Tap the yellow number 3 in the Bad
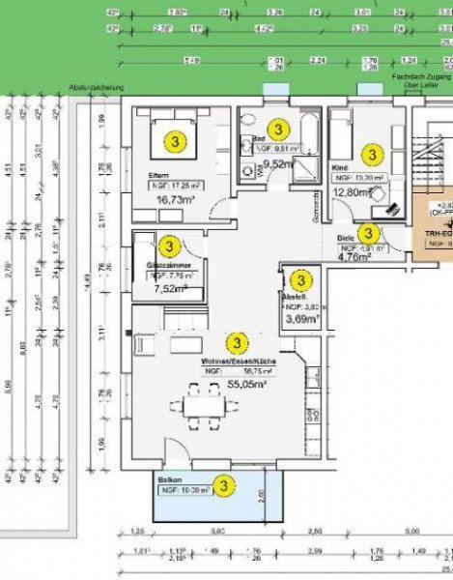click(277, 129)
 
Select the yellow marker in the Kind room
click(370, 154)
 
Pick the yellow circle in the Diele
click(367, 233)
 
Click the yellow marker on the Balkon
click(224, 483)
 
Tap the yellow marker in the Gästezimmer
click(168, 247)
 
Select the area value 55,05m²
click(221, 383)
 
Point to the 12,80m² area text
click(352, 192)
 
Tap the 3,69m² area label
click(300, 317)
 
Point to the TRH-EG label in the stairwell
click(429, 233)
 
